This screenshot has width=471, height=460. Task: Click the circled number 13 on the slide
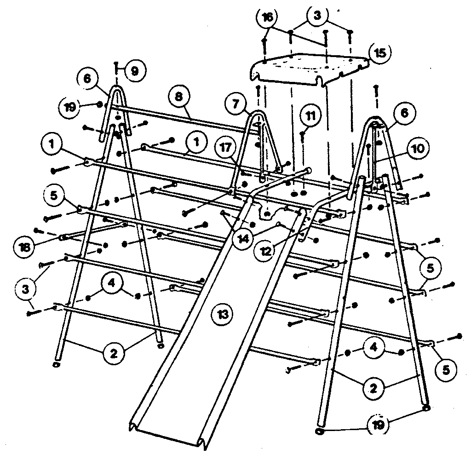(x=222, y=315)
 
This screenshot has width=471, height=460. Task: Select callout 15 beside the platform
(x=380, y=52)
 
